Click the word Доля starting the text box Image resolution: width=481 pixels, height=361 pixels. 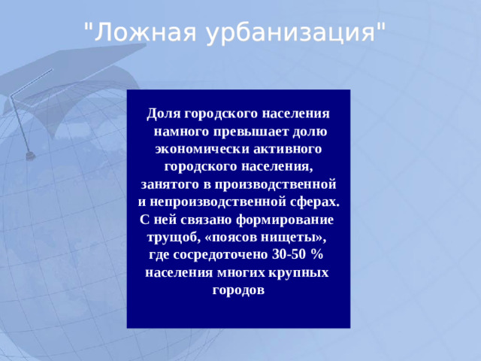[165, 113]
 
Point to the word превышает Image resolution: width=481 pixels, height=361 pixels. [251, 131]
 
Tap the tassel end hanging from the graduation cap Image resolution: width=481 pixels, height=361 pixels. [31, 155]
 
